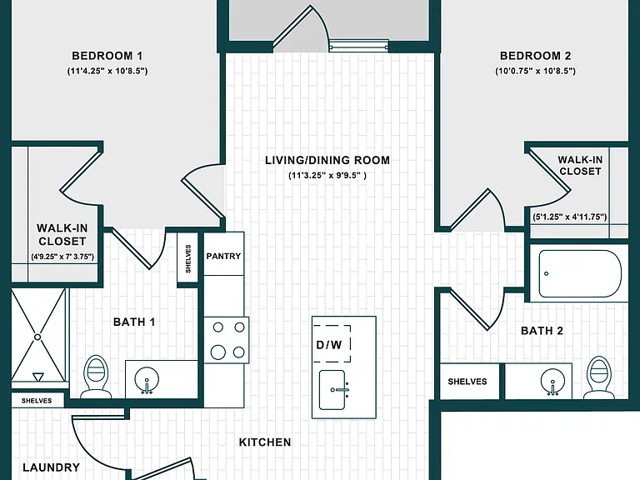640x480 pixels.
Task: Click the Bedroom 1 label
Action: (107, 56)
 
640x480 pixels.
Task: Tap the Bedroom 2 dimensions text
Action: (535, 71)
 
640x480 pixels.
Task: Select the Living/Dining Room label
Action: (327, 160)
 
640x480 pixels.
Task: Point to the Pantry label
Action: (223, 256)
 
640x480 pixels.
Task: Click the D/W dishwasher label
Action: (329, 345)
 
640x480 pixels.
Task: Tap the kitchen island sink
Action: (332, 390)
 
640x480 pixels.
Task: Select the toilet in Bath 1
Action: (96, 377)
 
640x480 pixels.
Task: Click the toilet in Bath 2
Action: (599, 377)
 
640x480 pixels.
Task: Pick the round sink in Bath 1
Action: (147, 380)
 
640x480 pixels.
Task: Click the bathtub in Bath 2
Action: (580, 273)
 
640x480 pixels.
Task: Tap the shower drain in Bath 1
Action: (37, 337)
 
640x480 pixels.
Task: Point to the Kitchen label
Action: (265, 442)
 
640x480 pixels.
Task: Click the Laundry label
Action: (52, 467)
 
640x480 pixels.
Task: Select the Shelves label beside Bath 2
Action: (467, 382)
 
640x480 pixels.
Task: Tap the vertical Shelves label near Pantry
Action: (188, 258)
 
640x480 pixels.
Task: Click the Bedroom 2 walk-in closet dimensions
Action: (569, 217)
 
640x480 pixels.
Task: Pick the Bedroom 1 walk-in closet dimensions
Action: (62, 257)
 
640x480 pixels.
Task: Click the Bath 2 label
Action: (542, 331)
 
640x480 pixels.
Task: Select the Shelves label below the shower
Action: (37, 401)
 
